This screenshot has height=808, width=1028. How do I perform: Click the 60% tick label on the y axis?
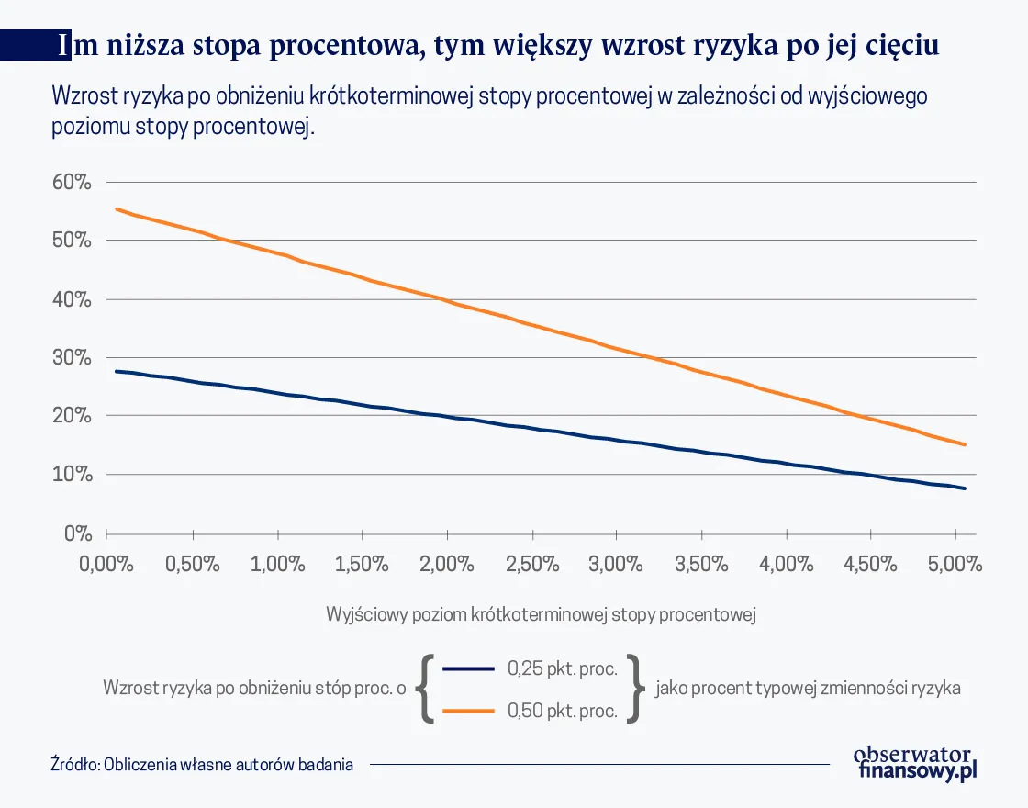[x=72, y=182]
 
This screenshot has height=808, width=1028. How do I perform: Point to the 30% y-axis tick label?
[x=72, y=358]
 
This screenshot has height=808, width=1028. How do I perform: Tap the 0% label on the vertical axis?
[x=77, y=533]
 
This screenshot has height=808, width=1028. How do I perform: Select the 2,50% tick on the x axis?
[x=531, y=563]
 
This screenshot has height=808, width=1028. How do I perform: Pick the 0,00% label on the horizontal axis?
[x=107, y=563]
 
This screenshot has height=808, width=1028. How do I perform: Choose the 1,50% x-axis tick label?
[x=362, y=563]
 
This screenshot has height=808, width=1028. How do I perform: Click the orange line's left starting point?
[x=116, y=209]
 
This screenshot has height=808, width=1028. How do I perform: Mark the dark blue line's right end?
[x=965, y=488]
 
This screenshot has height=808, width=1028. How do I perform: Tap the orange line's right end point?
[x=965, y=444]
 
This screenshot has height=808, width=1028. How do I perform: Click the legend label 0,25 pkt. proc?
[x=562, y=668]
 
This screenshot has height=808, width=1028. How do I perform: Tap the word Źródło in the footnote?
[x=75, y=764]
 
